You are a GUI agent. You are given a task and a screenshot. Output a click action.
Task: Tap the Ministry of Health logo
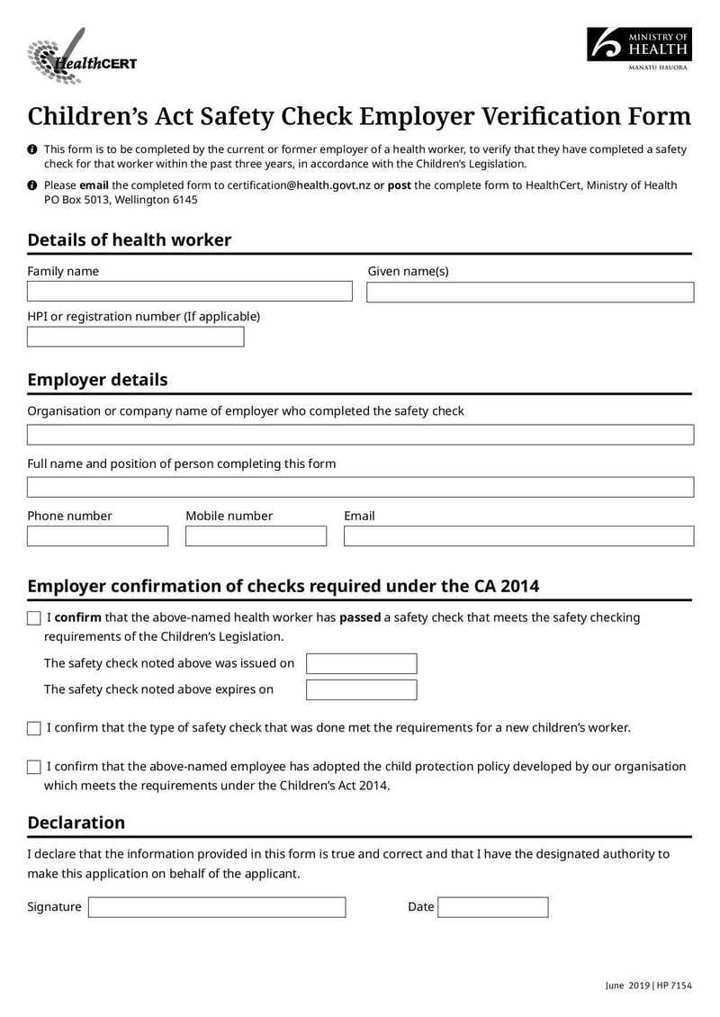coord(639,49)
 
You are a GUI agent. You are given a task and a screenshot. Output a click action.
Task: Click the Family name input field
coord(189,292)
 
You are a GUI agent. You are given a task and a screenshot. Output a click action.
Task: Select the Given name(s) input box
coord(529,292)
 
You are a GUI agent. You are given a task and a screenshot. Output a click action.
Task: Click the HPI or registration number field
coord(135,337)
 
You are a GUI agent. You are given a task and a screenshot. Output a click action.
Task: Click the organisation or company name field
coord(360,435)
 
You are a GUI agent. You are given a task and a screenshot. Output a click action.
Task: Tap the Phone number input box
coord(97,536)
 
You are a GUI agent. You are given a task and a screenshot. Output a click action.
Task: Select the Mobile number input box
coord(256,536)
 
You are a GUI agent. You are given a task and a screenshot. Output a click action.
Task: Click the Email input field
coord(518,536)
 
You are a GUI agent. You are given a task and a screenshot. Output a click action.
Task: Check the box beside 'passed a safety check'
coord(34,618)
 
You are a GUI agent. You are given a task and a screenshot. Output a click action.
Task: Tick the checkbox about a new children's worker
coord(34,728)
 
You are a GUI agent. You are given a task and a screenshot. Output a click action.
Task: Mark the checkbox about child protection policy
coord(34,768)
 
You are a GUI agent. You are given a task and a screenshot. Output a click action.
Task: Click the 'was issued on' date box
coord(361,664)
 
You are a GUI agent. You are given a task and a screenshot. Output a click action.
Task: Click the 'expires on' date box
coord(361,690)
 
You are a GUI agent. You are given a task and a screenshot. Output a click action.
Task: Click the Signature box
coord(216,907)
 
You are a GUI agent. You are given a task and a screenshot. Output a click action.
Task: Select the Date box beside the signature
coord(492,907)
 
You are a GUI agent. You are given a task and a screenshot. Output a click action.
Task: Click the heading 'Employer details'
coord(97,380)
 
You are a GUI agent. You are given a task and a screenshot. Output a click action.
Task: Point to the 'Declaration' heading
coord(76,823)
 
